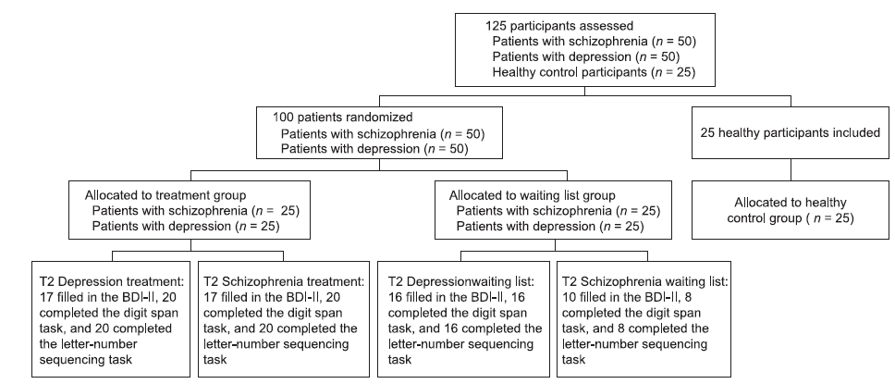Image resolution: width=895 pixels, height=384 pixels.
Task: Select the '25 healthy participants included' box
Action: point(790,132)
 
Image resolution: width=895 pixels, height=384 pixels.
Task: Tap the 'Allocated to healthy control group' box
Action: point(790,210)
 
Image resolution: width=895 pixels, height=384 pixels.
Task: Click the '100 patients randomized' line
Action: point(342,118)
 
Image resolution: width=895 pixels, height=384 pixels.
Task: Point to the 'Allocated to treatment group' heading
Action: point(166,195)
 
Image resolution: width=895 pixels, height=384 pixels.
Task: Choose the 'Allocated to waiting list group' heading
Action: point(532,195)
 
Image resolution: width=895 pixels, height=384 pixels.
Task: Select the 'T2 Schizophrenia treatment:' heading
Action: point(284,281)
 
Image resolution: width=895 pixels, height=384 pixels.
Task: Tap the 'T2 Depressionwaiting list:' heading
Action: point(461,281)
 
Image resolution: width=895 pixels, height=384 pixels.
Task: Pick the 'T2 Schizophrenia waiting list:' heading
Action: point(645,281)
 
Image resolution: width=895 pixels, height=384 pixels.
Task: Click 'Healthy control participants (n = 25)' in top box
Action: point(595,72)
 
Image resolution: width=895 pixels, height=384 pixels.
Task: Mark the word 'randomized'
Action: point(382,118)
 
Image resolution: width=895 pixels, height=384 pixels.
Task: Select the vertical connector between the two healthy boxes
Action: point(791,169)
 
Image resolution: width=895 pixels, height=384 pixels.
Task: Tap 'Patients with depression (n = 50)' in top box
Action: point(586,56)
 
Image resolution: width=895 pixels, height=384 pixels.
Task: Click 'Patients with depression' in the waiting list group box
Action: point(525,227)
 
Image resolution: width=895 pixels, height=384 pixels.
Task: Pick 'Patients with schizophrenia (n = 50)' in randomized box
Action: point(383,134)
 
